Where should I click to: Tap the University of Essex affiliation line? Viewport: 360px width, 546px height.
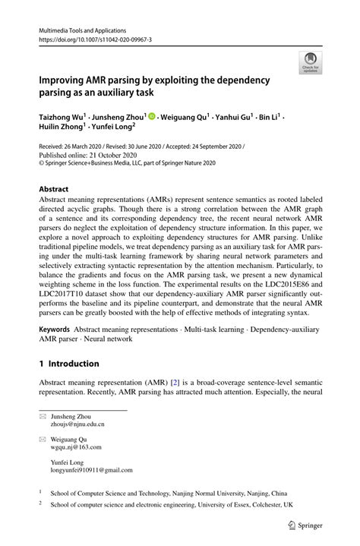[172, 504]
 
